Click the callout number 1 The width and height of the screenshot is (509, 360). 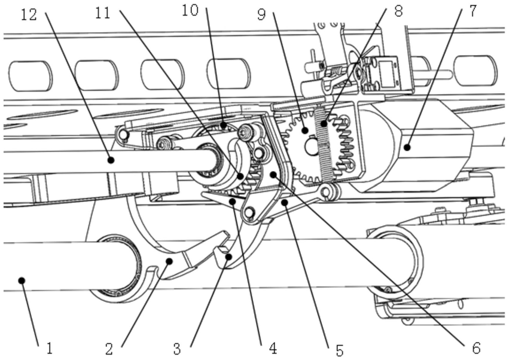tap(50, 347)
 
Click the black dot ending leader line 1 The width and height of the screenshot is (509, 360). tap(22, 280)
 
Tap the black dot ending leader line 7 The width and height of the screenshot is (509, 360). tap(406, 146)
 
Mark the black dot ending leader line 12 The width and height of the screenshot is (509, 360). tap(111, 160)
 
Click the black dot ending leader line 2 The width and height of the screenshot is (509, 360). tap(170, 261)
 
